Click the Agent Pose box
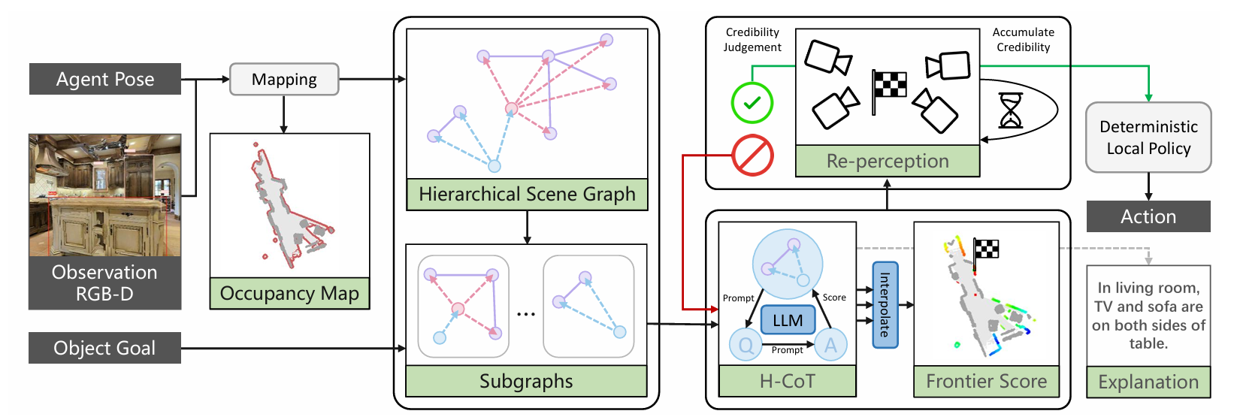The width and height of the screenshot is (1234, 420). coord(105,79)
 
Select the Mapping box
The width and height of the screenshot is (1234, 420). coord(284,79)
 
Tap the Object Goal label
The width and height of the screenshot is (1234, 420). coord(104,348)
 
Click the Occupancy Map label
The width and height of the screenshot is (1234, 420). coord(289,293)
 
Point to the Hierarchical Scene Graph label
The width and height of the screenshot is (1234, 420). coord(527,195)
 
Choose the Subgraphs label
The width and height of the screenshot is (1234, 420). coord(526,381)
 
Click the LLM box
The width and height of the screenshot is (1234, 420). coord(788,320)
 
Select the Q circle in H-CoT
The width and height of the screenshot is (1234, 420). coord(746,345)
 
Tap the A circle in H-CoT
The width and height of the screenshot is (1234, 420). coord(830,345)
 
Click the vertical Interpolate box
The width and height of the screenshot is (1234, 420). coord(885,304)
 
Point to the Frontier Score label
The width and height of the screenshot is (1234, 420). coord(986,381)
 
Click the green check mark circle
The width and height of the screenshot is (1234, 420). coord(752,103)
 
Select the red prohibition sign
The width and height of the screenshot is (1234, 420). coord(752,156)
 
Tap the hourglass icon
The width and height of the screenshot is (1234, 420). coord(1011,110)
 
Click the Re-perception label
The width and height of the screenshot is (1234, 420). coord(888,162)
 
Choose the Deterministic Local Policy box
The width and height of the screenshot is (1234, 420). coord(1148,137)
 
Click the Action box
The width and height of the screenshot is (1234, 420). coord(1148,216)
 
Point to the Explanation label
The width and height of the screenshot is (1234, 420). coord(1148,382)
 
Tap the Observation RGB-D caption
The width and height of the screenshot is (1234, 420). coord(104,283)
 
